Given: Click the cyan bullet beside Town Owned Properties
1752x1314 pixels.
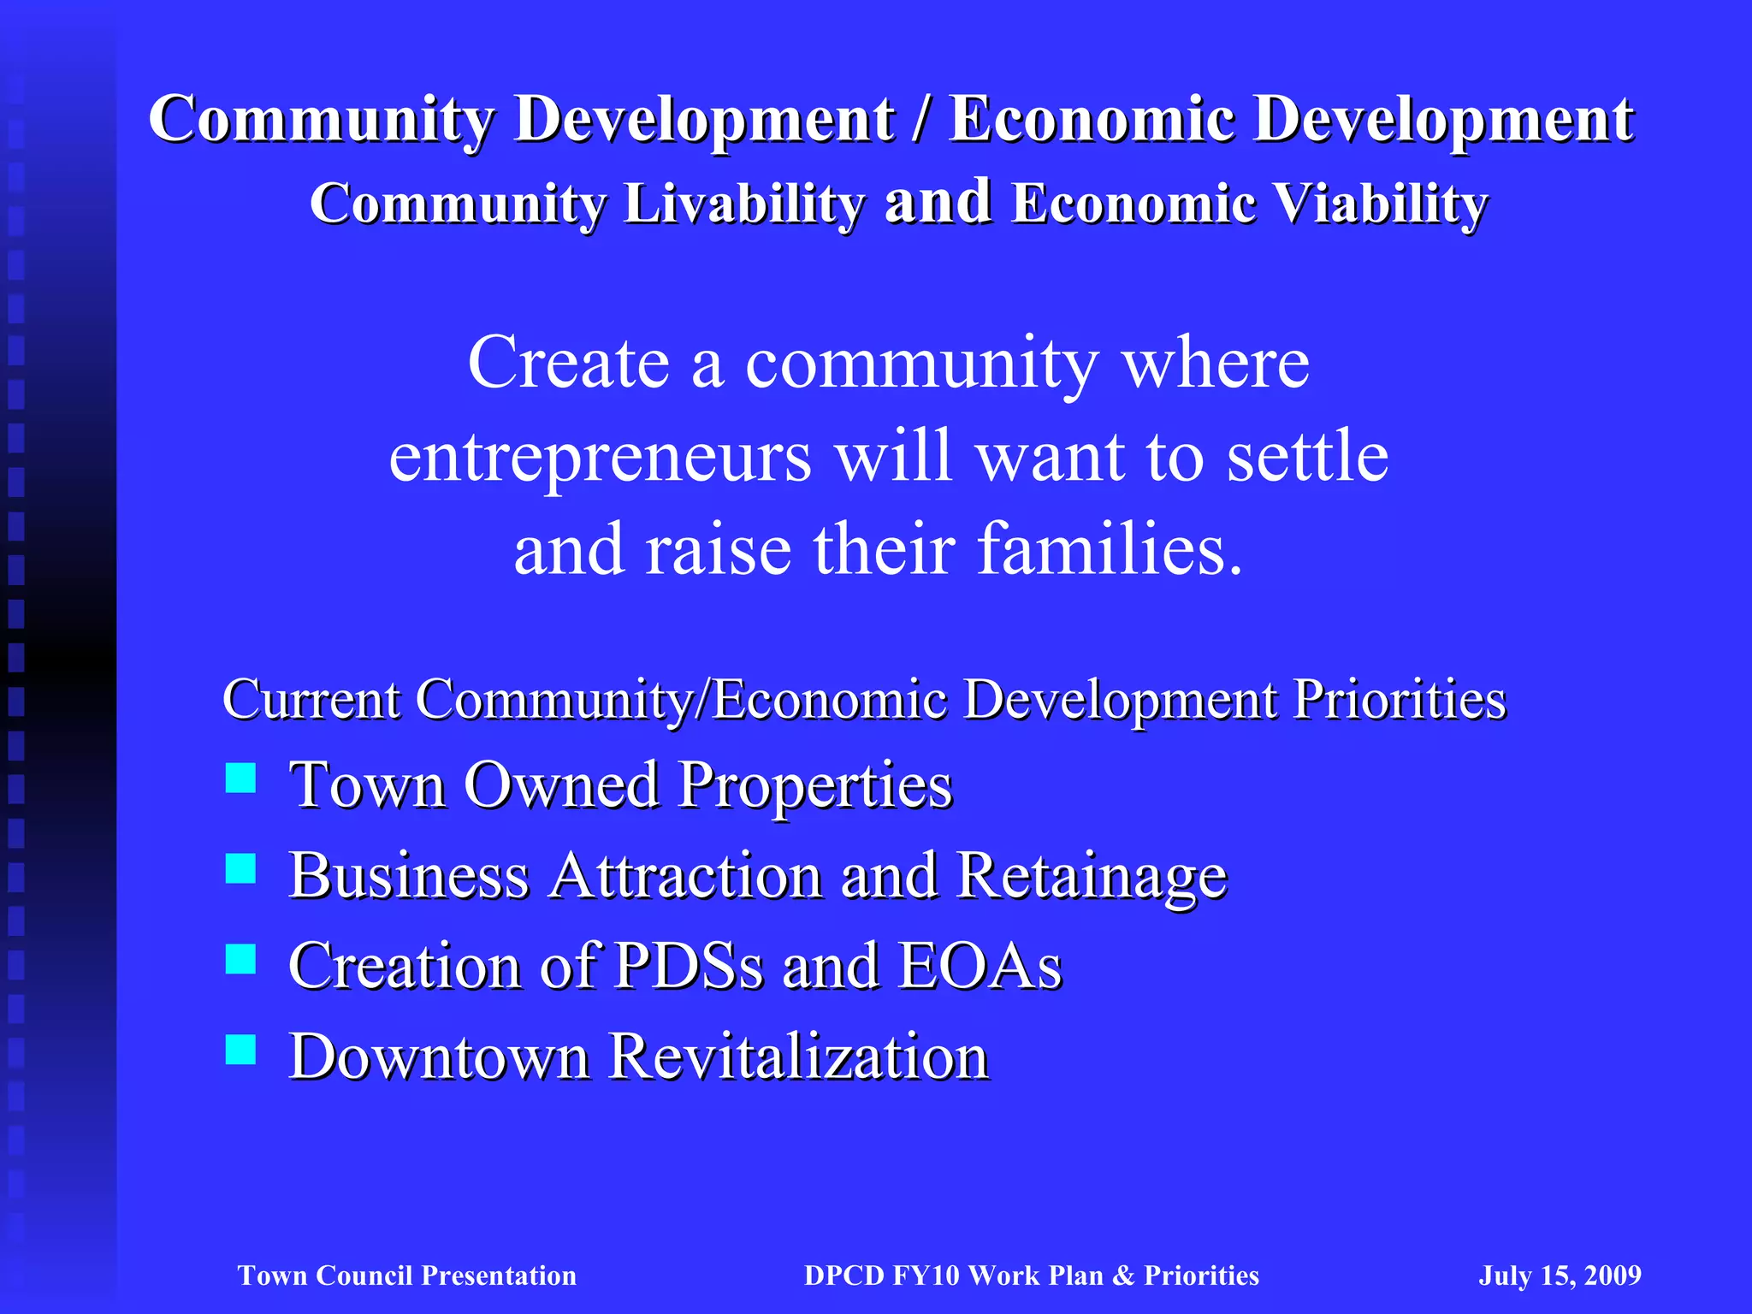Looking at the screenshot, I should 240,778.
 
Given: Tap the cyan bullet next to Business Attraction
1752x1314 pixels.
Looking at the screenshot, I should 240,868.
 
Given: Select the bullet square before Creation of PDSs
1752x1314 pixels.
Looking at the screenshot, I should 240,959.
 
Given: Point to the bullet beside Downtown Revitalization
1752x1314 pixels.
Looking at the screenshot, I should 240,1049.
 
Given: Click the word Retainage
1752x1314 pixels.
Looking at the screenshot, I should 1092,876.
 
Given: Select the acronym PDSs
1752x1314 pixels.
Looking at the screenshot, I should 689,967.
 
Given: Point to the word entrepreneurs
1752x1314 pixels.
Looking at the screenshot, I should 600,458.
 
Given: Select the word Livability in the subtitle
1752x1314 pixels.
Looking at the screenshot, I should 743,205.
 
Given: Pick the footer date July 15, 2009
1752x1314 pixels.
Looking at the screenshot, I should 1560,1276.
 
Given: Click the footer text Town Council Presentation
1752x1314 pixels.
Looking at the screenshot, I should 407,1276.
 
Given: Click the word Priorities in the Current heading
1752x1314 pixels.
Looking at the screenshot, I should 1399,700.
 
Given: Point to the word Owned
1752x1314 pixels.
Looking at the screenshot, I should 561,784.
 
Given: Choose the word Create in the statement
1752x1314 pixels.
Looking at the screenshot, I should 568,364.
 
